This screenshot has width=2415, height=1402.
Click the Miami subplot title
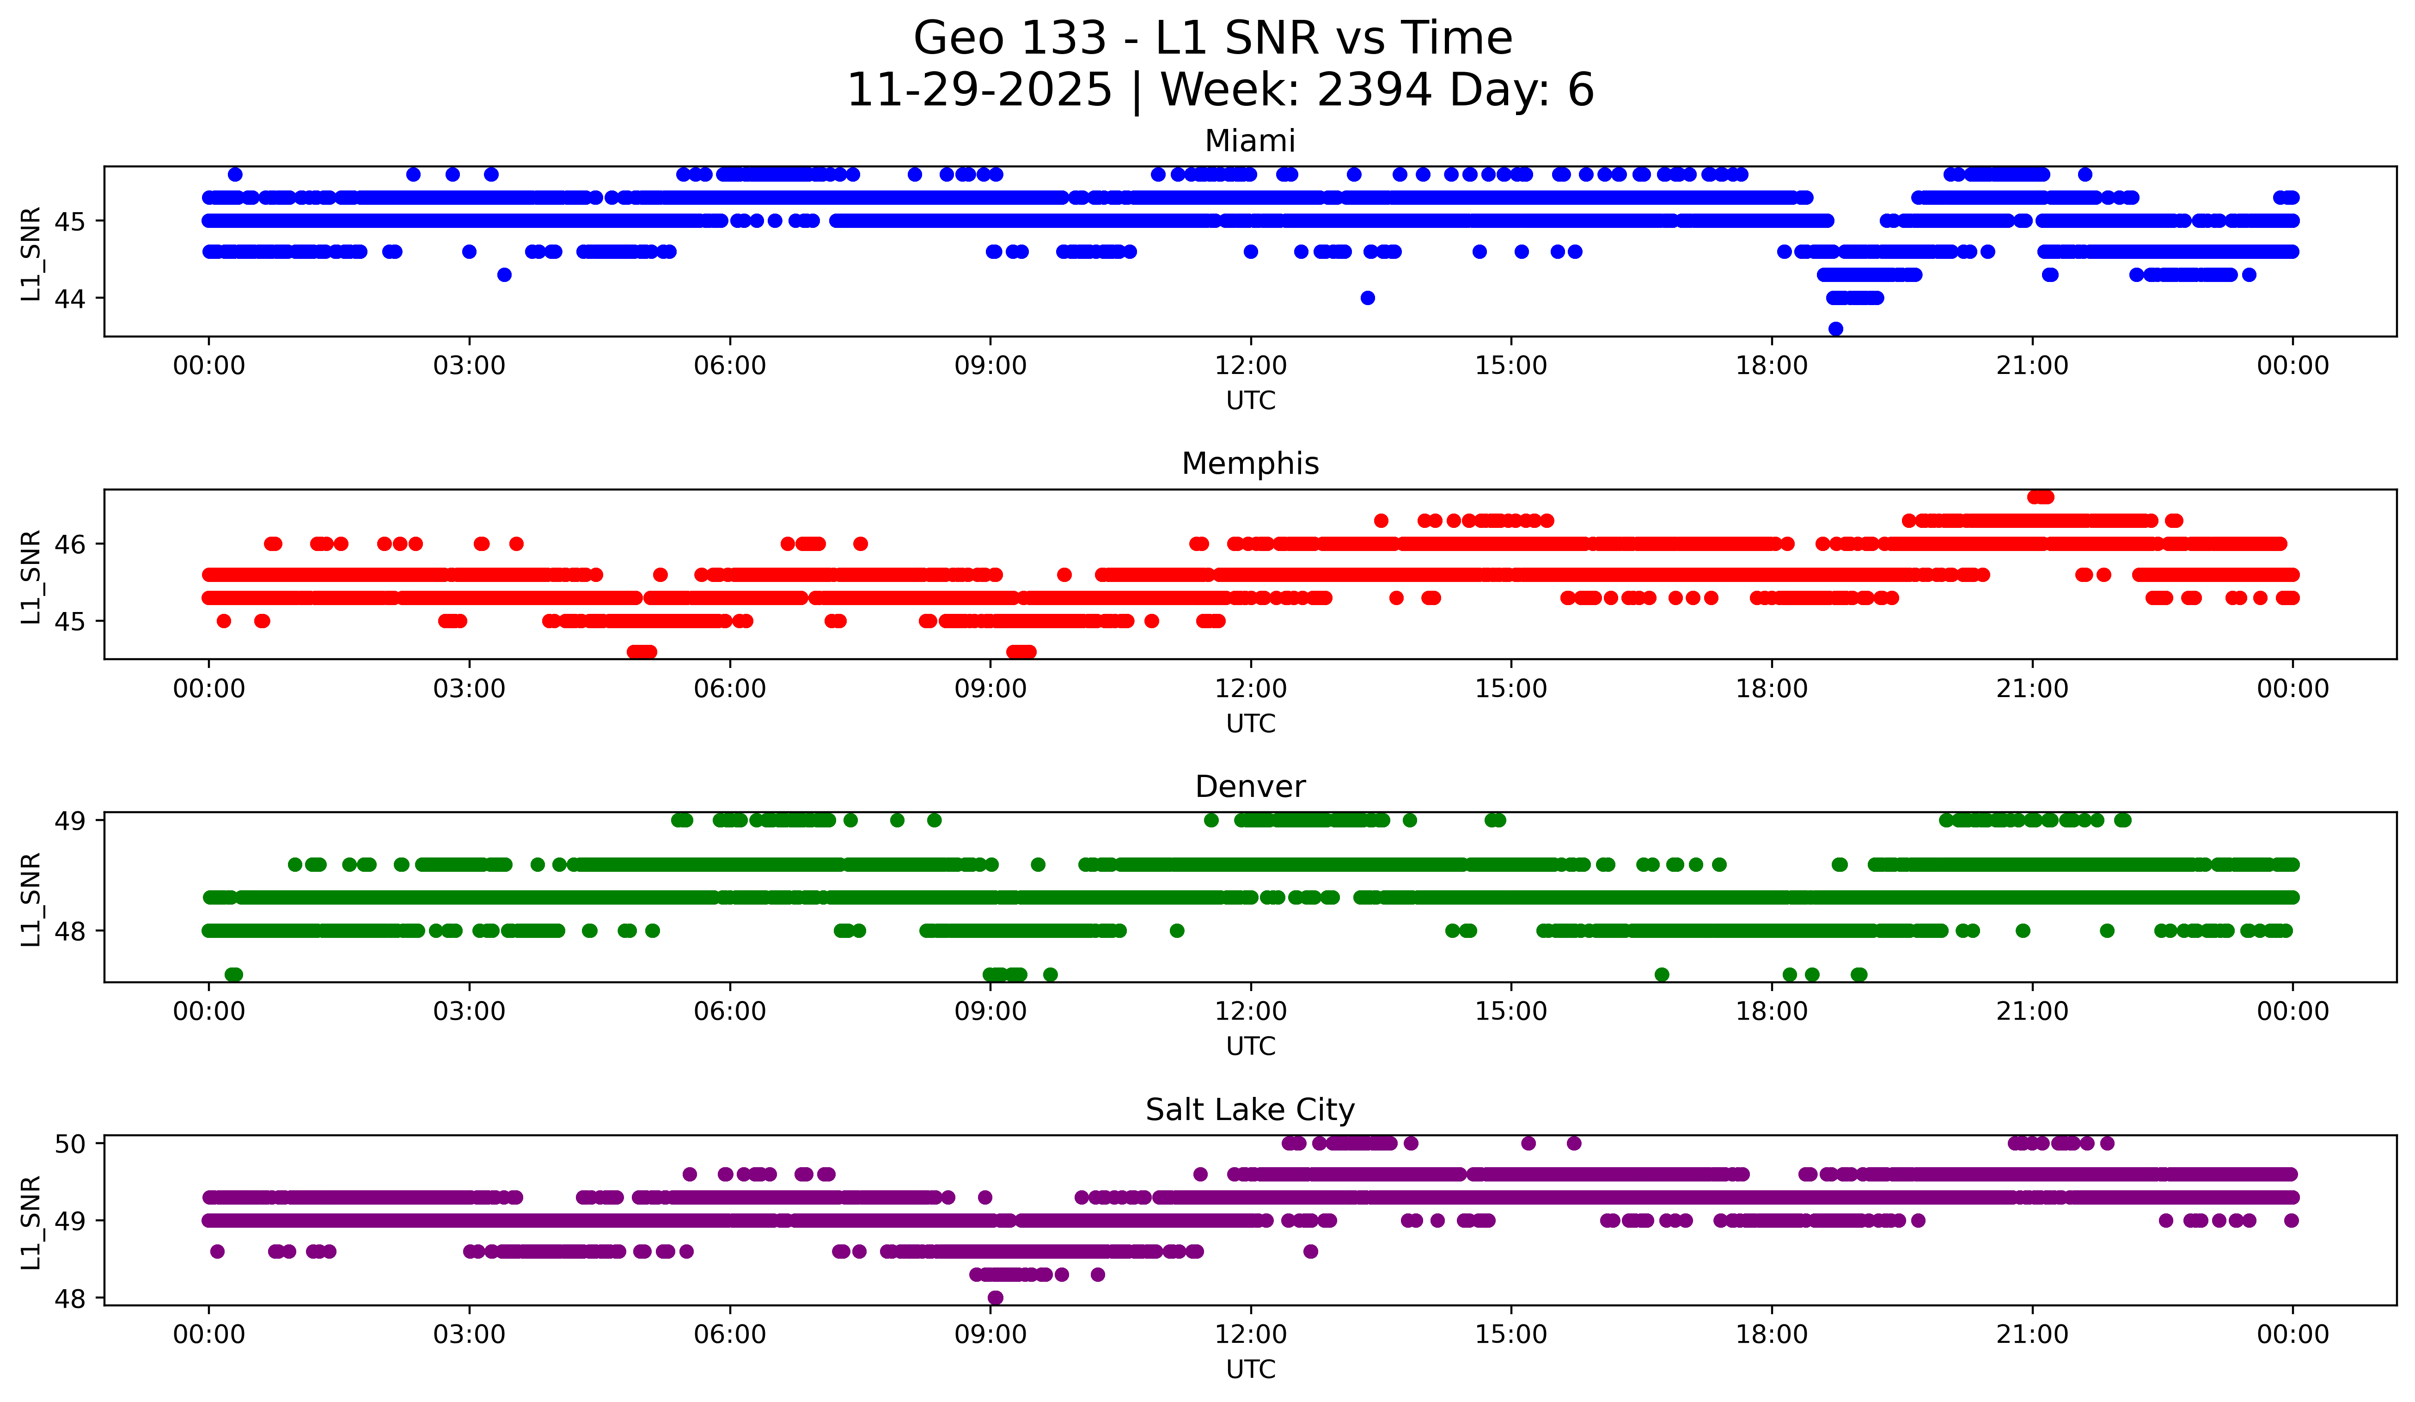(1250, 141)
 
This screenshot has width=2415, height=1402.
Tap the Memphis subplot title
(1250, 464)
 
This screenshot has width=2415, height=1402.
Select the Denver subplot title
(1250, 787)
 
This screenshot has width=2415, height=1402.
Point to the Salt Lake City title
(1250, 1110)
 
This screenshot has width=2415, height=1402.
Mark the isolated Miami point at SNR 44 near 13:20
(1368, 298)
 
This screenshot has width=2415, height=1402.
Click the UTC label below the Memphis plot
(1250, 723)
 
